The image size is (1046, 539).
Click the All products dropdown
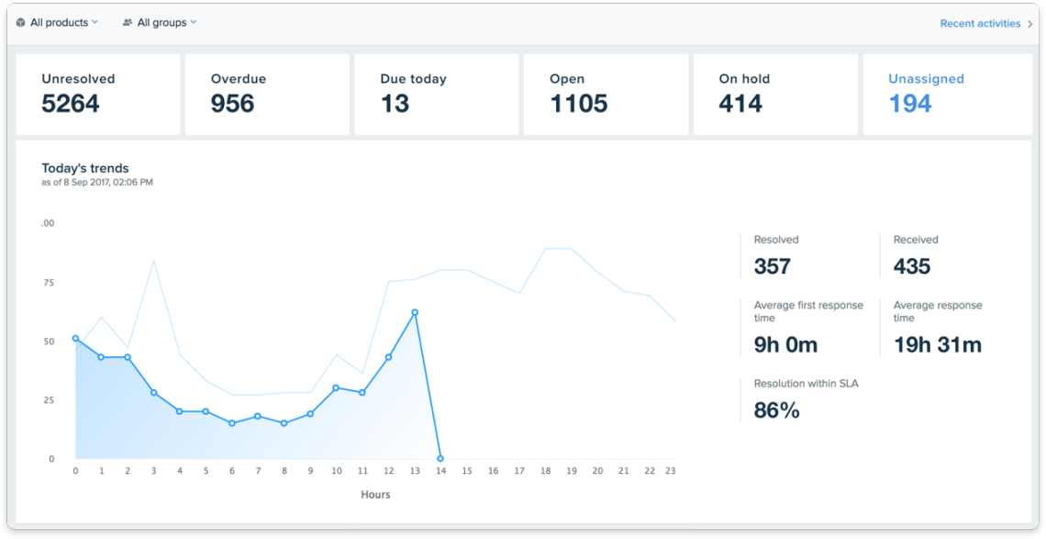coord(57,22)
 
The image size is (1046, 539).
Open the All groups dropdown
coord(160,22)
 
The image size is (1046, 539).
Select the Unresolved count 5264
coord(71,104)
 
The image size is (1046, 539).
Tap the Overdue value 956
coord(232,104)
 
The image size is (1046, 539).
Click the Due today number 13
coord(395,104)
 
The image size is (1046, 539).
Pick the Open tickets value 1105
coord(578,104)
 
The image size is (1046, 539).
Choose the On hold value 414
coord(740,104)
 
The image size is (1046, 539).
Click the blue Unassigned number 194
coord(909,104)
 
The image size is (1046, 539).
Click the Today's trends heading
coord(85,168)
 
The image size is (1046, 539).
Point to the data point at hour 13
coord(415,312)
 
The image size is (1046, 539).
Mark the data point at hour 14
coord(440,458)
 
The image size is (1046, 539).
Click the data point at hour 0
coord(75,338)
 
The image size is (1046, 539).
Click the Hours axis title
coord(375,494)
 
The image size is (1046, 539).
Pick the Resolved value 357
coord(773,266)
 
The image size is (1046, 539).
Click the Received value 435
coord(912,266)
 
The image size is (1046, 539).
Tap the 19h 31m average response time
coord(937,345)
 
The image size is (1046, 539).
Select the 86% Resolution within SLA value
coord(776,410)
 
